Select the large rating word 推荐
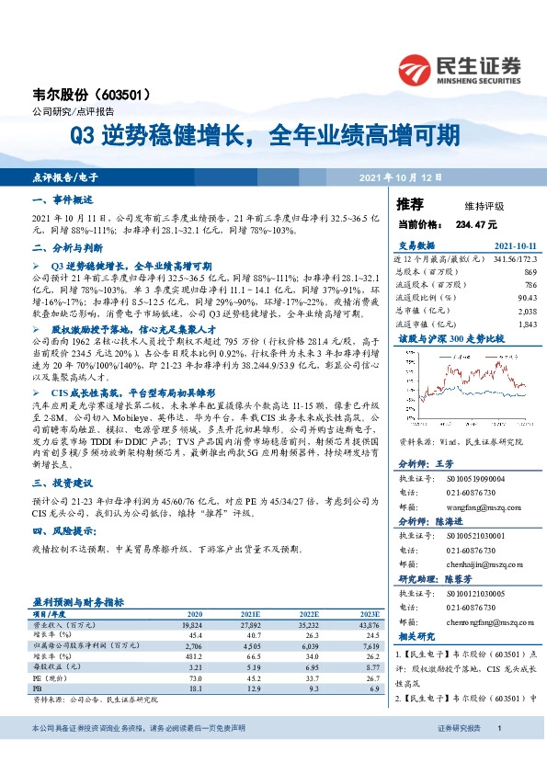pos(410,203)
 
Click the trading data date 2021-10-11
pos(515,246)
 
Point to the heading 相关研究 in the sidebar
pos(416,637)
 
